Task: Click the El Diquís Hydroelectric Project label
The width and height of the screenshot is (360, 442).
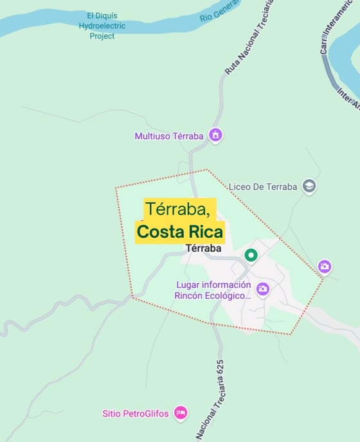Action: [102, 26]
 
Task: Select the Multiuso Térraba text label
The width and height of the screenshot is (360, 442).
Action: [169, 136]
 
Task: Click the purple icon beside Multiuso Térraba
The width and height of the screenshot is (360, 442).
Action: [216, 136]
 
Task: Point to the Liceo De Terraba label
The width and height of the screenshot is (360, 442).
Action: [263, 187]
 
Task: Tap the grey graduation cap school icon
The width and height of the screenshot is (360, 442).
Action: [309, 187]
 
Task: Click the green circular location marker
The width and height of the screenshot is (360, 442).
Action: [251, 256]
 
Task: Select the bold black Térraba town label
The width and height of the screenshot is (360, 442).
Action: [203, 248]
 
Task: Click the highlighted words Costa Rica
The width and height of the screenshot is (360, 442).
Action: [180, 231]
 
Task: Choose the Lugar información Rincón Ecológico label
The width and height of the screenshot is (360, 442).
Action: [213, 290]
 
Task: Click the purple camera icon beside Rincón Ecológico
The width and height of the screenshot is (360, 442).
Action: [263, 289]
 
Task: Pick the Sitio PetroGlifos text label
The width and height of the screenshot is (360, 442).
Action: [135, 414]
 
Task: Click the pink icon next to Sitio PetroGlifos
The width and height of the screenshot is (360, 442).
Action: [181, 413]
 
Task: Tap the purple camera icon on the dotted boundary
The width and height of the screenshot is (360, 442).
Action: [325, 266]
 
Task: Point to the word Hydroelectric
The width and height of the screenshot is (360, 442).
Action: [102, 26]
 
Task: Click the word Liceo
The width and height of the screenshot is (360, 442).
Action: [240, 187]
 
